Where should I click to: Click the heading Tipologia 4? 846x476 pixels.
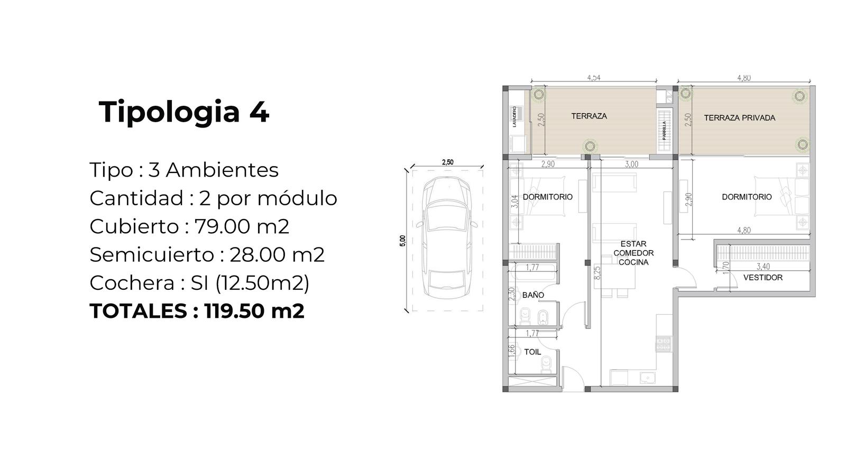point(184,112)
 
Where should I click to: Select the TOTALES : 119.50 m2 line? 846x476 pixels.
point(197,311)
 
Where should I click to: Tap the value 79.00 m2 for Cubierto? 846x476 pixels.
point(242,227)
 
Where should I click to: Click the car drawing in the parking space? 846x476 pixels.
point(447,237)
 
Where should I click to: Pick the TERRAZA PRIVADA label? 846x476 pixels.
point(740,118)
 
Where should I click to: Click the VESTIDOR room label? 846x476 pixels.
point(763,278)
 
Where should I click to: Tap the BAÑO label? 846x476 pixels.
point(533,295)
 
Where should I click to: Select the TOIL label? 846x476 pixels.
point(532,352)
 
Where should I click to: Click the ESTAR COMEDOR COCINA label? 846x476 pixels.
point(633,253)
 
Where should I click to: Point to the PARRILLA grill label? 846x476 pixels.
point(664,130)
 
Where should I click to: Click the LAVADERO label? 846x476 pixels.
point(514,116)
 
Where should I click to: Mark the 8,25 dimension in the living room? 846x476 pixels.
point(597,273)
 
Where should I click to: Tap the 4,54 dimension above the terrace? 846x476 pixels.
point(594,78)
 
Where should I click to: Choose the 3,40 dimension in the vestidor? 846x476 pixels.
point(764,267)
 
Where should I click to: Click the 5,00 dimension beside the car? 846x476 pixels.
point(402,241)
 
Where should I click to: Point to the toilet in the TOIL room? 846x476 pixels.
point(546,364)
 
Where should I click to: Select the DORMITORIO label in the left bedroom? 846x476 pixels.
point(548,197)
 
